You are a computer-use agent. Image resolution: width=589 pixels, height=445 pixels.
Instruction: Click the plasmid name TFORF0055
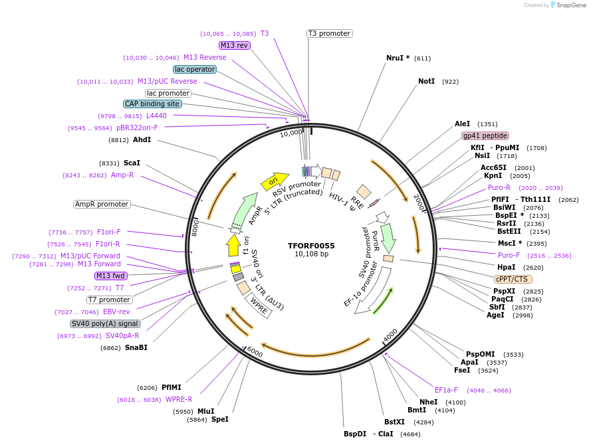tap(311, 246)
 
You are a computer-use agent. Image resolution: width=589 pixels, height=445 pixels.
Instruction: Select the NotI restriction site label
tap(426, 82)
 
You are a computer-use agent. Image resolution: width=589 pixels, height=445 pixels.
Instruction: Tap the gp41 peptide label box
tap(485, 135)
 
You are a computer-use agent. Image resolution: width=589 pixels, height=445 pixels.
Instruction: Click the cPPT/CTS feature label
tap(512, 279)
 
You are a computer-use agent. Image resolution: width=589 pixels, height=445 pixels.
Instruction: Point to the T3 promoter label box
tap(329, 33)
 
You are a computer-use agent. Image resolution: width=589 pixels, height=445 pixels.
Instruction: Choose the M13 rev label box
tap(234, 45)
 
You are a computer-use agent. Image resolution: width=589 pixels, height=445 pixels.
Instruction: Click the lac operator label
tap(194, 69)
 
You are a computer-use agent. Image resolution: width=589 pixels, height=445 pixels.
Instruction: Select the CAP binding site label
tap(152, 104)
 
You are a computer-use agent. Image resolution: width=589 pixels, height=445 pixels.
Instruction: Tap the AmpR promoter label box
tap(102, 204)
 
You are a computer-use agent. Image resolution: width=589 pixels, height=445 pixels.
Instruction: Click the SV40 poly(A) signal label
tap(105, 323)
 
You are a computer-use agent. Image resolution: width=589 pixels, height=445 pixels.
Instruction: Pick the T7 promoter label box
tap(110, 300)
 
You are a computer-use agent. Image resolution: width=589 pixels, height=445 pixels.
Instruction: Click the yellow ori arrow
tap(274, 180)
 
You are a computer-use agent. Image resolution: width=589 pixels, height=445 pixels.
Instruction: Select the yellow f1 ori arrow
tap(233, 245)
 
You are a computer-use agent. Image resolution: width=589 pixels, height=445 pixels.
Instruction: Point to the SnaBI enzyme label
tap(136, 347)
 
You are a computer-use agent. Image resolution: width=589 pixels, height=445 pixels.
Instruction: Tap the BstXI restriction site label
tap(394, 422)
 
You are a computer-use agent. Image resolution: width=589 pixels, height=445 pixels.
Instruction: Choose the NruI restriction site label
tap(398, 58)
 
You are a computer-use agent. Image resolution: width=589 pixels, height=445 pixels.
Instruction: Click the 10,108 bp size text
tap(311, 254)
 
